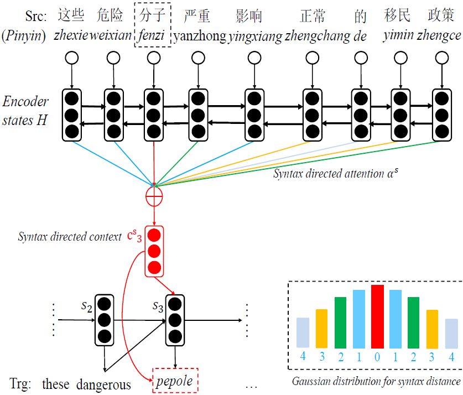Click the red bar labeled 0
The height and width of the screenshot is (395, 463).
(377, 316)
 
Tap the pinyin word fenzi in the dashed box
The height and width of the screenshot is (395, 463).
(152, 37)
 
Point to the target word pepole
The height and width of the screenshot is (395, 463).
(175, 381)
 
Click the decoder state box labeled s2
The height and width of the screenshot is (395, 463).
(104, 319)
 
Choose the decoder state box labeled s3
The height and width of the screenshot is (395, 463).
(175, 320)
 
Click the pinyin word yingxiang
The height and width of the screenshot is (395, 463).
(255, 37)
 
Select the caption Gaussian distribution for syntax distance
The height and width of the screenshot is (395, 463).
(376, 381)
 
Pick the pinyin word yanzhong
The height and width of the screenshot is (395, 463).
(200, 37)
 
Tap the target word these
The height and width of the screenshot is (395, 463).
(57, 383)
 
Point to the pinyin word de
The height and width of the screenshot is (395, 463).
(360, 37)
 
